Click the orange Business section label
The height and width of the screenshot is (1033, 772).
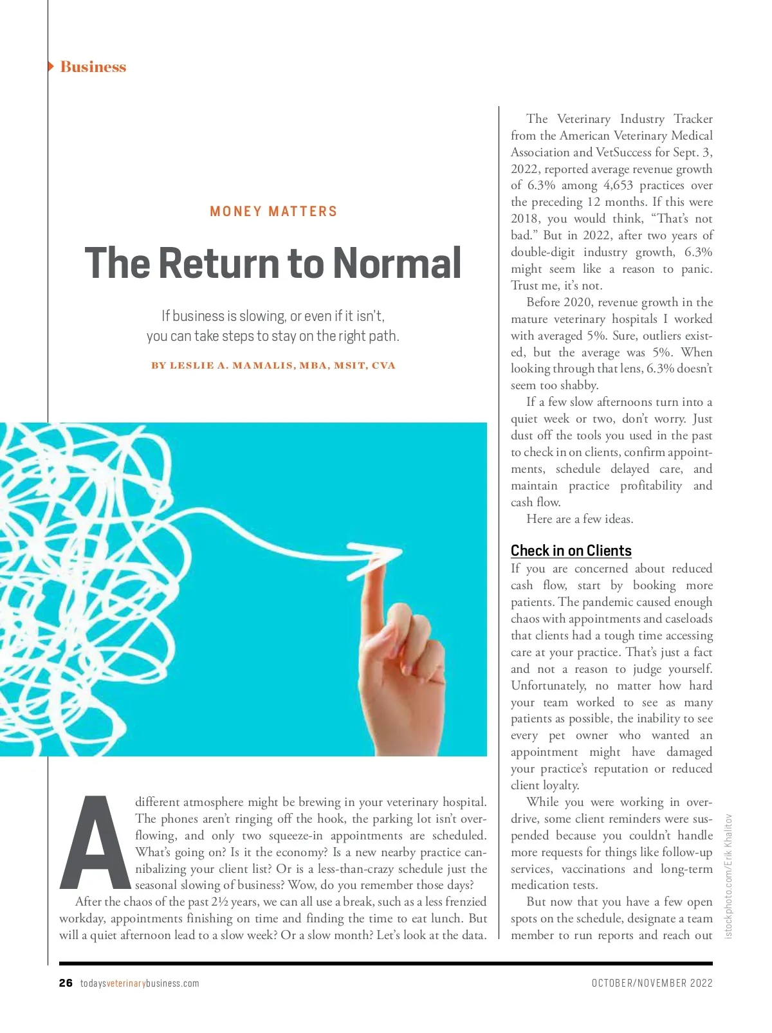click(93, 67)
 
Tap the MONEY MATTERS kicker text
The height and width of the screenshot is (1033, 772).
click(273, 212)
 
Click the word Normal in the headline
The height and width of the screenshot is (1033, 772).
click(397, 263)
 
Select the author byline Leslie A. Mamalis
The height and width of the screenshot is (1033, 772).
click(273, 365)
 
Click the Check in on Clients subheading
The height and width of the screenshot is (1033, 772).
click(571, 551)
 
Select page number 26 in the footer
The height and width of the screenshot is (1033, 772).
click(66, 983)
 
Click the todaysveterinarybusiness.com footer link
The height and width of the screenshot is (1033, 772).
click(140, 983)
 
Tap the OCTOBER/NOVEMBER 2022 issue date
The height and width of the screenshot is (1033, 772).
click(652, 983)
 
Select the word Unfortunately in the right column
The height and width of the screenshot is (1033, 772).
click(548, 686)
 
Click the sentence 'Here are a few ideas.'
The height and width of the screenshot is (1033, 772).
click(580, 519)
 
